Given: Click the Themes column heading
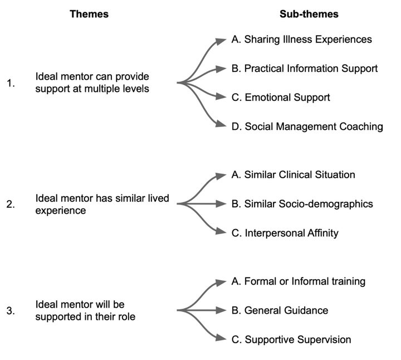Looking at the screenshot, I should coord(89,14).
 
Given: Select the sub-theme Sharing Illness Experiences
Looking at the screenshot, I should coord(301,40).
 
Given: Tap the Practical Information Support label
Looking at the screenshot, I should coord(304,69).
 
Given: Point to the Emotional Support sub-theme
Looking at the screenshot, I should coord(280,98).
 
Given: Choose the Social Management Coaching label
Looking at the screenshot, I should coord(307,127).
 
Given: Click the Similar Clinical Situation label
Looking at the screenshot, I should coord(292,174).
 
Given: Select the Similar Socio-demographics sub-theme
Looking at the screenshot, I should coord(301,203).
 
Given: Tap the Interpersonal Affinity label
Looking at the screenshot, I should coord(284,233).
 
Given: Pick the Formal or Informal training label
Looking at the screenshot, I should coord(298,281).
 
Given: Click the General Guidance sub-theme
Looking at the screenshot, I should coord(279,310).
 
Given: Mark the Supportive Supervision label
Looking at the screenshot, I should coord(291,339).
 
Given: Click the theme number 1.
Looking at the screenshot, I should coord(11,83).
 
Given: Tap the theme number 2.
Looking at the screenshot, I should coord(11,204).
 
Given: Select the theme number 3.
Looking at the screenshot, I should coord(11,310).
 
